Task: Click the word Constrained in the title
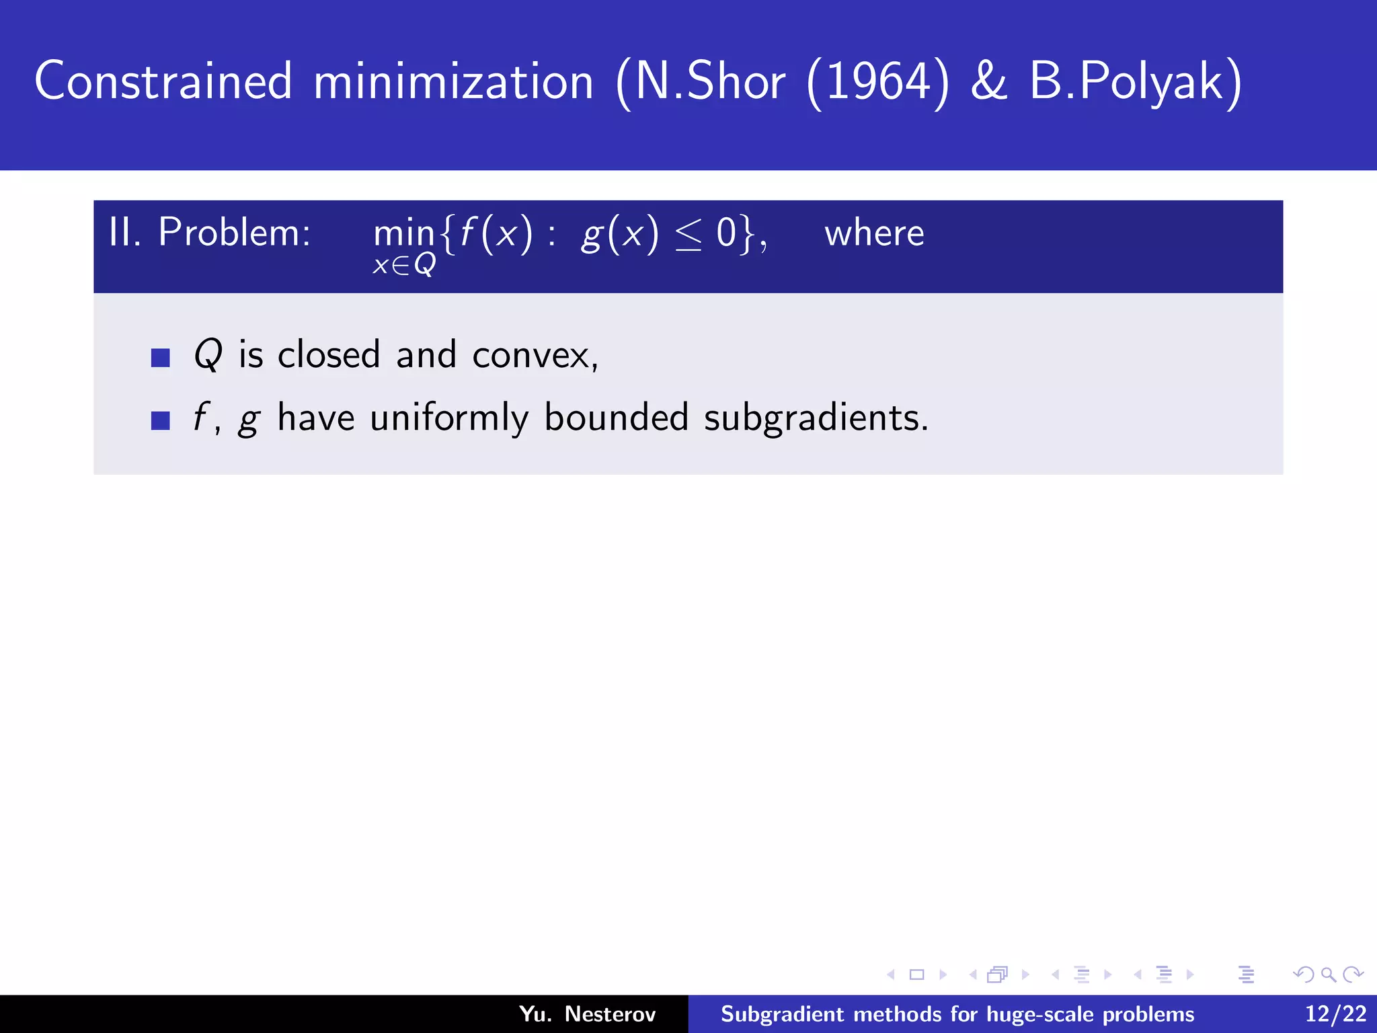[163, 81]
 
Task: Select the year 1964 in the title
[877, 81]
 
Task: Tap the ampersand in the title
[989, 81]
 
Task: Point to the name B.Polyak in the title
[1135, 83]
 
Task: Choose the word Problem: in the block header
[234, 233]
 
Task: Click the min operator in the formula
[404, 234]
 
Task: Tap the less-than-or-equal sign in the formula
[688, 236]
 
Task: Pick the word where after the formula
[874, 233]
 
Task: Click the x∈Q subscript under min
[404, 264]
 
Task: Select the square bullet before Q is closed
[161, 357]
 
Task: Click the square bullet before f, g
[161, 420]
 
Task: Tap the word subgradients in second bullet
[815, 418]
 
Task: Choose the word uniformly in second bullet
[449, 418]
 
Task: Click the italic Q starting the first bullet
[208, 354]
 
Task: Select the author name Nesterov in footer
[610, 1013]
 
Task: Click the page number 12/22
[1335, 1013]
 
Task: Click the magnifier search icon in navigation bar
[1328, 974]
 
